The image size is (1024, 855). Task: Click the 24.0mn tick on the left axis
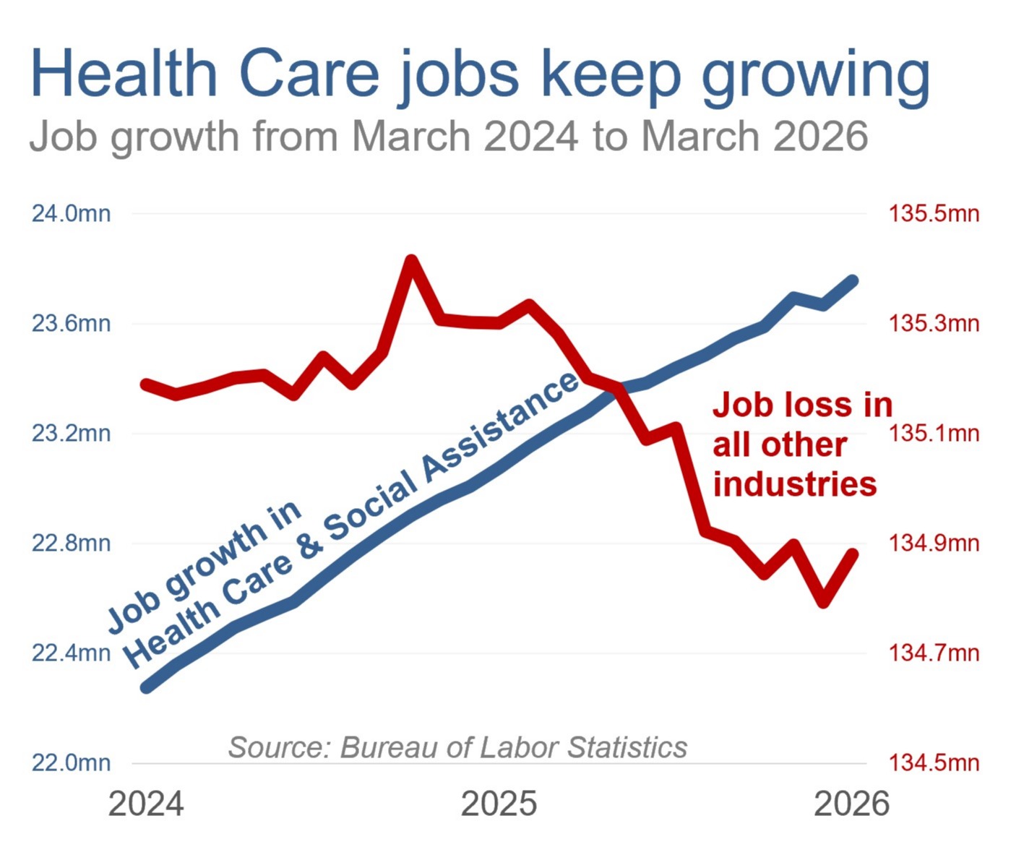(x=71, y=214)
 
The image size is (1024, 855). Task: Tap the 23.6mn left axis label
(x=71, y=323)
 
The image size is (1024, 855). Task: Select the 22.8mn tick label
(x=71, y=543)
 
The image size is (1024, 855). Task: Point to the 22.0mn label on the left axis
(x=71, y=762)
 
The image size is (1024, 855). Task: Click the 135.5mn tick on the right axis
(x=934, y=214)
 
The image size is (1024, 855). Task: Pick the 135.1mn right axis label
(x=934, y=434)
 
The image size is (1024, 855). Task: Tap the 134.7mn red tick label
(x=934, y=653)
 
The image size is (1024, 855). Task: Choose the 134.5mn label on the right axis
(x=934, y=762)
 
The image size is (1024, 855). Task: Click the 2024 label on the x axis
(x=146, y=804)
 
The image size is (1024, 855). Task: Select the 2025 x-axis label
(x=499, y=804)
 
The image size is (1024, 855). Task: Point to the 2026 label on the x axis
(x=851, y=804)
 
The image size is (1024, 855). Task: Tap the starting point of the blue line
(x=147, y=687)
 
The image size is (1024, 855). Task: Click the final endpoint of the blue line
(x=853, y=280)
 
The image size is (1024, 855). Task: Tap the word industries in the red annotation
(x=795, y=484)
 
